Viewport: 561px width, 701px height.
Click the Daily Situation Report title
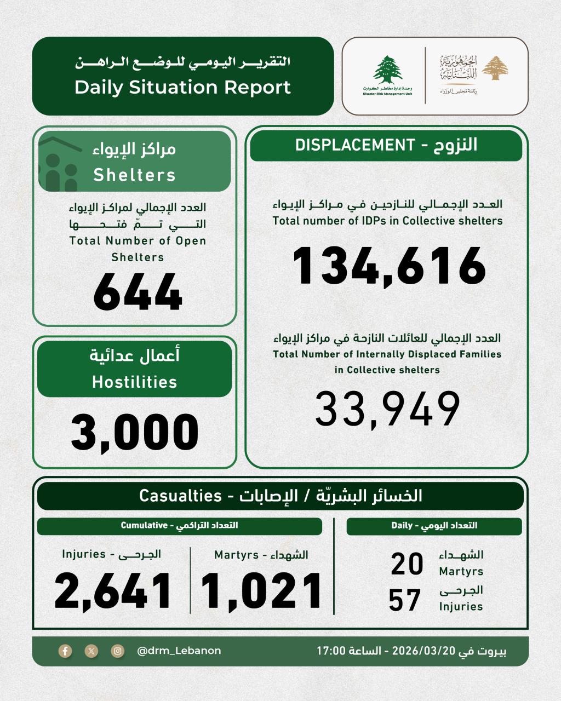pos(182,88)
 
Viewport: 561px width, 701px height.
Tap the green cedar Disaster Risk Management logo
pos(388,72)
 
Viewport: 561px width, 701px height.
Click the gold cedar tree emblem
pos(498,68)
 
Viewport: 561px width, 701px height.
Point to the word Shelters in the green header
pos(135,175)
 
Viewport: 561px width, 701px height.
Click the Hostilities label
pos(135,382)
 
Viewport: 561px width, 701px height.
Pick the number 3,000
pos(135,432)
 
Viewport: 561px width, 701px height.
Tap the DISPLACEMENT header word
pos(354,145)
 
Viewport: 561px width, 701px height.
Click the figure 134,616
pos(389,267)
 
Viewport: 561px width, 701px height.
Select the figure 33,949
pos(388,409)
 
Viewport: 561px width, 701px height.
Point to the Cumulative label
pos(144,526)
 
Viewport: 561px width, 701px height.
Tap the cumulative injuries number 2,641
pos(113,592)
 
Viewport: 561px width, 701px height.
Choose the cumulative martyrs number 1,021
pos(261,592)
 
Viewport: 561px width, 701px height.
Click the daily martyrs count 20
pos(407,564)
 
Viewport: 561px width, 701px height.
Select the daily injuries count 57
pos(405,600)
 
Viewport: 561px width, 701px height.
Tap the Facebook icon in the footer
pos(65,651)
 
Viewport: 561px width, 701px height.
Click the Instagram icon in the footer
pos(118,651)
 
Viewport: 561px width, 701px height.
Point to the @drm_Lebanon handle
pos(179,651)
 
